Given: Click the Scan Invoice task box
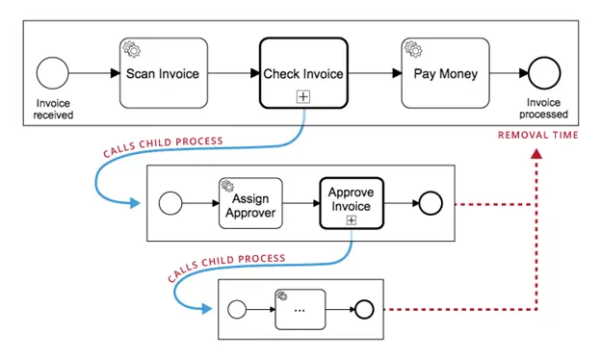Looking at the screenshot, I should pos(163,73).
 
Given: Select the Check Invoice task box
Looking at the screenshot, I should pos(302,73).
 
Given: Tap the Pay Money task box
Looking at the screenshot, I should pos(444,73).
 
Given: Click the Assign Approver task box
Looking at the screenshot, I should pos(250,203).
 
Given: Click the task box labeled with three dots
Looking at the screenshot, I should pos(300,309).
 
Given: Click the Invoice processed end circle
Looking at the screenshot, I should pos(542,74).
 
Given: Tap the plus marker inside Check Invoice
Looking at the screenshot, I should pos(302,96).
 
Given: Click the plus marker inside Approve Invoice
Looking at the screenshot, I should pos(352,220).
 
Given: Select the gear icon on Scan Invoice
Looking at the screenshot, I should pos(129,46).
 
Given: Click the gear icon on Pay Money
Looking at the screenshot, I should pos(410,46).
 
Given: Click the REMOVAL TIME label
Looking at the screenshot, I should pos(537,136).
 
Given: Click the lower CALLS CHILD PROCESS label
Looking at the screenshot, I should pos(225,265).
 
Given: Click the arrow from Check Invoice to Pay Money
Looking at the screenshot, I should pos(374,73).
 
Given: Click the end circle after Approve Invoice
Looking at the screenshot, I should pos(428,203).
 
